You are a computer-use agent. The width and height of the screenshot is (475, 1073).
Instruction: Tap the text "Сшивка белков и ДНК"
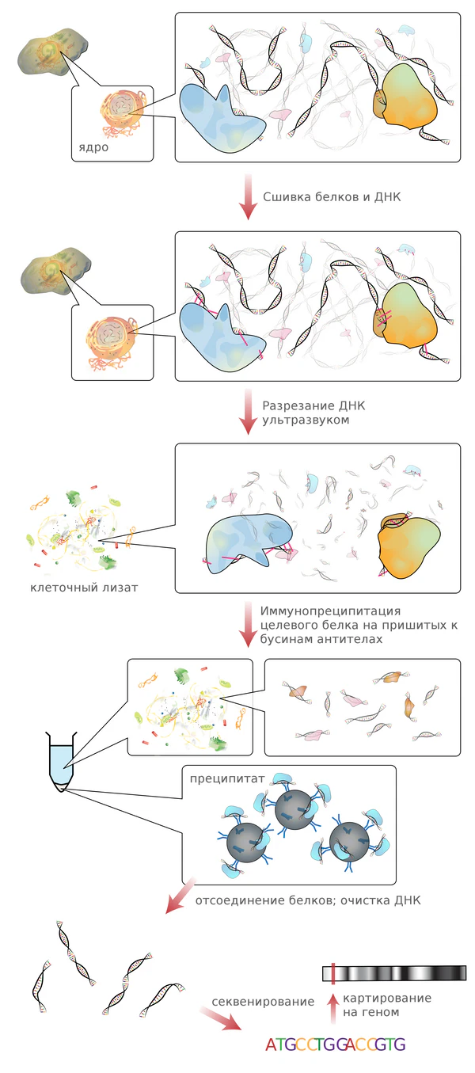point(331,196)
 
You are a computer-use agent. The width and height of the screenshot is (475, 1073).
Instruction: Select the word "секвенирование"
point(263,1002)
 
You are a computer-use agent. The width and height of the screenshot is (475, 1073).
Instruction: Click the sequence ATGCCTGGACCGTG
point(335,1044)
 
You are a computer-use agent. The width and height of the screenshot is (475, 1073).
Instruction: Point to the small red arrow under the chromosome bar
point(333,997)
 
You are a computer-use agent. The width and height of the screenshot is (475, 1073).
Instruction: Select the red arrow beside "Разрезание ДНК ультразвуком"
point(247,413)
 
